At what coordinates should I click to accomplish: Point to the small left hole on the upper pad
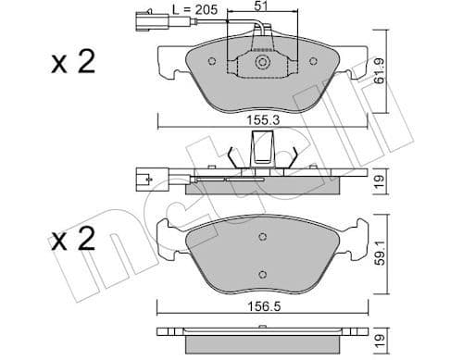pyautogui.click(x=213, y=64)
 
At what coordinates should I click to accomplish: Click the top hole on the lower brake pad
pyautogui.click(x=263, y=236)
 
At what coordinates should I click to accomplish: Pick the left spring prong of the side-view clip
pyautogui.click(x=233, y=155)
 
